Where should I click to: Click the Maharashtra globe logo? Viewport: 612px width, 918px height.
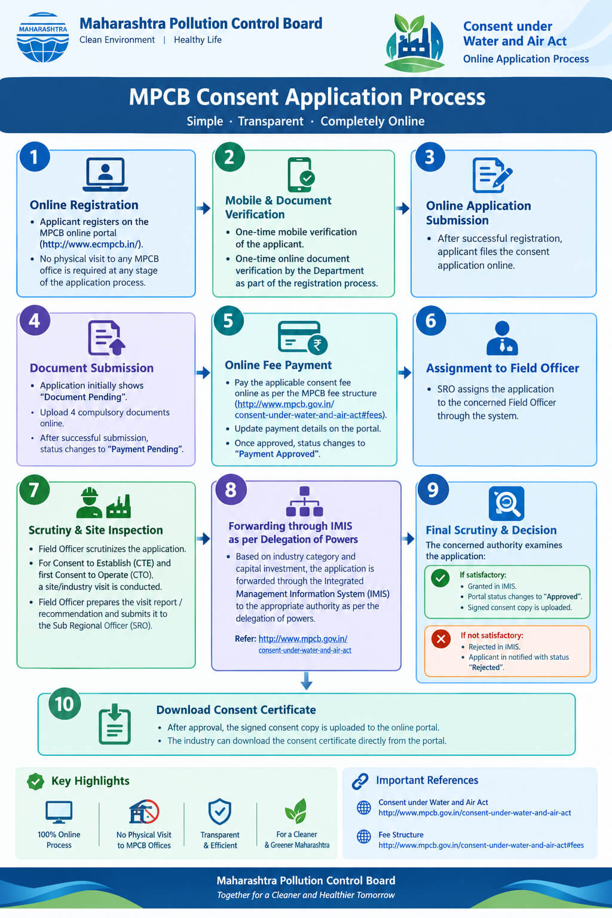tap(42, 37)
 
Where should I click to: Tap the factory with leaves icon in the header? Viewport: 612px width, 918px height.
tap(414, 42)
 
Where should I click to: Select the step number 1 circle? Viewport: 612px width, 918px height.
tap(35, 157)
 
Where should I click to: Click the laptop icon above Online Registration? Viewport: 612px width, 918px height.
tap(105, 175)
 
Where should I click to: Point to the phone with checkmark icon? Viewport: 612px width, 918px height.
tap(301, 175)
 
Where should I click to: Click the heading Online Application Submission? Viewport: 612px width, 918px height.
tap(478, 213)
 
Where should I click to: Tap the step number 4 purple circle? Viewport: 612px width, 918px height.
tap(35, 320)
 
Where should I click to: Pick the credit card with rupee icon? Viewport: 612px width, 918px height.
tap(302, 337)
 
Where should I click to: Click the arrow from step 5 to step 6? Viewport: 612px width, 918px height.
tap(405, 372)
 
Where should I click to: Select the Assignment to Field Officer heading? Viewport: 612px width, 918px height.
tap(503, 368)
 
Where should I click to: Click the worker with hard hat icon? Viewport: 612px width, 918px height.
tap(90, 503)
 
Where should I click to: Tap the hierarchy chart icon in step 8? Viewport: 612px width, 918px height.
tap(305, 501)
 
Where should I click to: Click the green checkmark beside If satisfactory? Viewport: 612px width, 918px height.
tap(440, 579)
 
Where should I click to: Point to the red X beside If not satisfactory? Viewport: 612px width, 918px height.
tap(441, 638)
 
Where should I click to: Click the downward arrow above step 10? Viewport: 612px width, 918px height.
tap(307, 681)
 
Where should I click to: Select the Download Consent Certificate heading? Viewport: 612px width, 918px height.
tap(236, 710)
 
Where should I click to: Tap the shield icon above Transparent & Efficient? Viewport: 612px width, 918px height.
tap(220, 811)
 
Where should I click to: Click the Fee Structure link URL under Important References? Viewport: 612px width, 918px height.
tap(481, 845)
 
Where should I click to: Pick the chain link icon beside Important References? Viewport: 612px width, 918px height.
tap(360, 781)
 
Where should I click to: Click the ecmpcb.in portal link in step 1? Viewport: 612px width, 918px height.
tap(91, 244)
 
